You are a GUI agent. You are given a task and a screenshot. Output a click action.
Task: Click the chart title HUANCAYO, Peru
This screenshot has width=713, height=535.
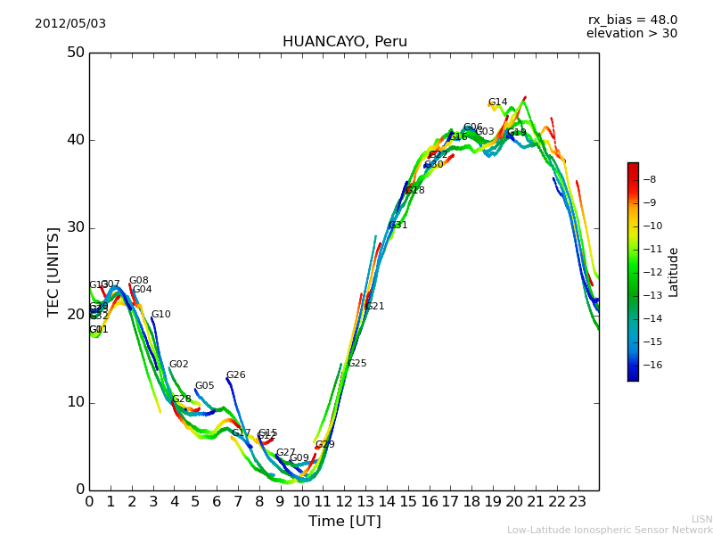tap(344, 42)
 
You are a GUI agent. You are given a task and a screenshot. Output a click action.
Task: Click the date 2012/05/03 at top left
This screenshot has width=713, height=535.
tap(70, 23)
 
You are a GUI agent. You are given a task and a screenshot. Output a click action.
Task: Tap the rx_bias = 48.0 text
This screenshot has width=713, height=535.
tap(632, 20)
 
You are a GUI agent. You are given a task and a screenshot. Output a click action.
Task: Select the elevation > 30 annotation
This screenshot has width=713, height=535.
tap(631, 34)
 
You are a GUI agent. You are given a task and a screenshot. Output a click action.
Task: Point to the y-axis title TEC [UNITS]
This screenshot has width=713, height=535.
tap(53, 271)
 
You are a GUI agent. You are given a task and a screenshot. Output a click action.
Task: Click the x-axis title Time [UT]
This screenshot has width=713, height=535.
tap(344, 522)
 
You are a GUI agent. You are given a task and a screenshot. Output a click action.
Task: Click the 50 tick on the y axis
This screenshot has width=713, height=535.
tap(75, 53)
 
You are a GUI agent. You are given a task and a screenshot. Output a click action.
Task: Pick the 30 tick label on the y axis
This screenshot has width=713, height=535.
tap(75, 227)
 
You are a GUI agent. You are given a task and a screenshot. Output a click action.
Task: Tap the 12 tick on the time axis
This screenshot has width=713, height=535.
tap(344, 502)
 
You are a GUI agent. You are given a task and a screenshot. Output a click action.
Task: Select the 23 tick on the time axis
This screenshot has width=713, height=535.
tap(578, 502)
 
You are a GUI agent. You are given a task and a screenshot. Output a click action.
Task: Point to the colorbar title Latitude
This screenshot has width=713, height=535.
tap(674, 272)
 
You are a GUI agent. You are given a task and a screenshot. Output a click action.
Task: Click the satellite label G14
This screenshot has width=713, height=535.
tap(497, 103)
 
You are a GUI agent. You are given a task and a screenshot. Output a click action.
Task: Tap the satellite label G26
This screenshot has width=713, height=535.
tap(235, 375)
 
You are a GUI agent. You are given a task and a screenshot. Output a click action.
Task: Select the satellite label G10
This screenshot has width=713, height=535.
tap(160, 315)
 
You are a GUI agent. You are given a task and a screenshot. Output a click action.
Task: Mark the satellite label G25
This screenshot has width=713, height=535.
tap(356, 364)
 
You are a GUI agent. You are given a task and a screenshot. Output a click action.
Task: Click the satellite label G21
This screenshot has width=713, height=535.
tap(375, 307)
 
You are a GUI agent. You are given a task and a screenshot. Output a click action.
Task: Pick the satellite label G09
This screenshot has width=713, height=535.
tap(299, 458)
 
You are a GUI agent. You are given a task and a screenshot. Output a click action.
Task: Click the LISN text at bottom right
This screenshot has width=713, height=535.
tap(701, 519)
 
